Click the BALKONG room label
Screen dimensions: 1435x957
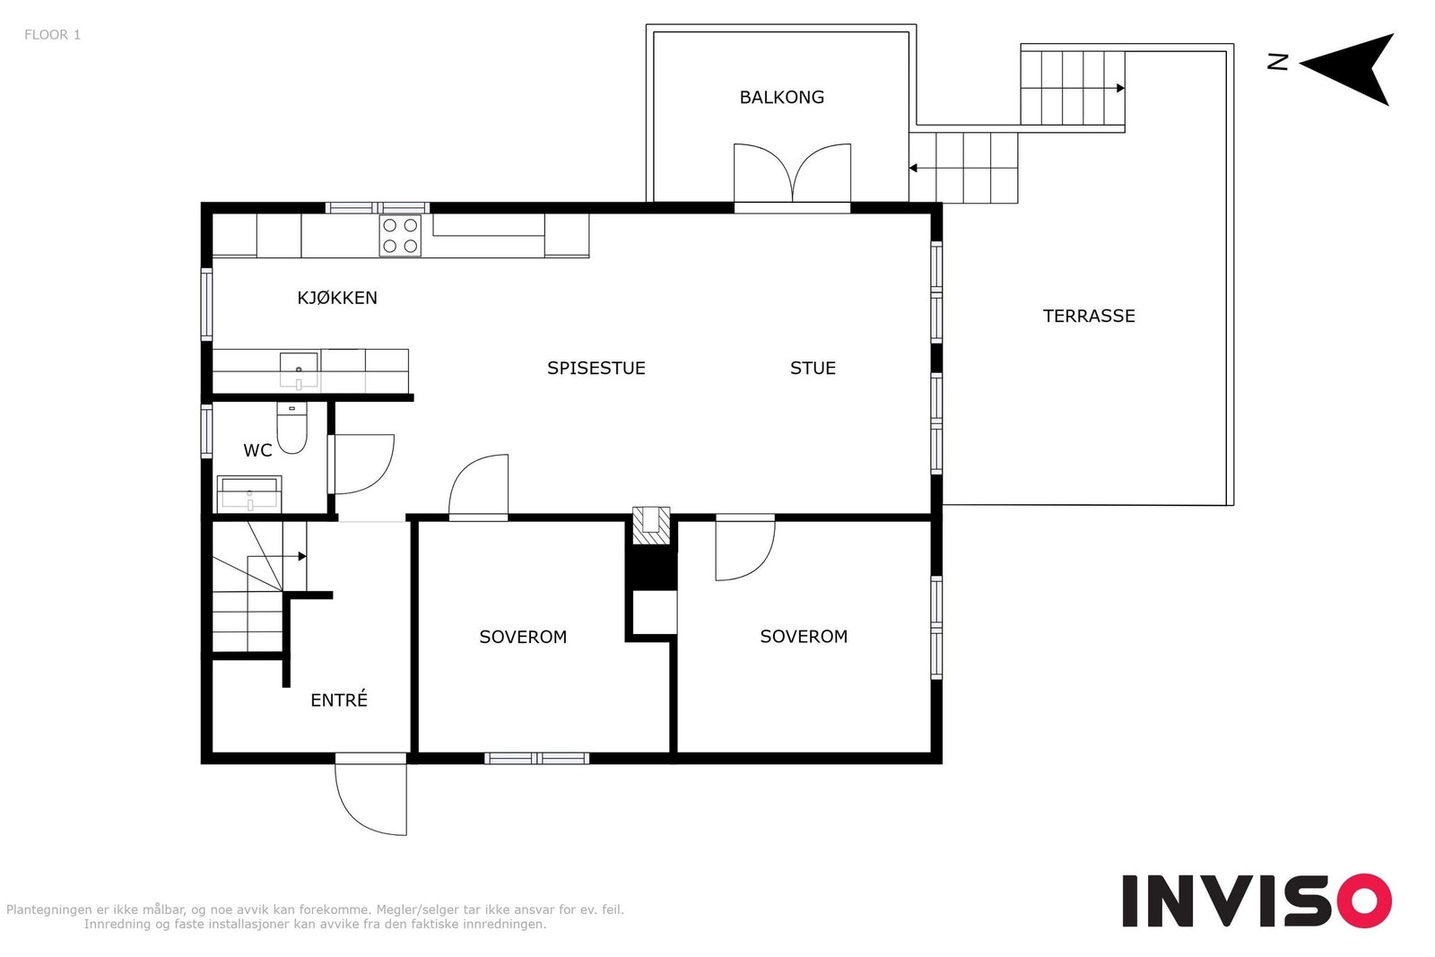(781, 98)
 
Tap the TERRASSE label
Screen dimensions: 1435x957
(1089, 316)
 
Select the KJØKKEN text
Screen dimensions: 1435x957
(337, 297)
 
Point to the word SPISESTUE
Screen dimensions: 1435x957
(596, 368)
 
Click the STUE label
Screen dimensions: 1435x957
(813, 368)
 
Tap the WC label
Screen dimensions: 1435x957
(257, 450)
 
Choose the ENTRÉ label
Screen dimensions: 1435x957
(339, 700)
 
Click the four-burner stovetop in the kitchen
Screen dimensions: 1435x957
(400, 236)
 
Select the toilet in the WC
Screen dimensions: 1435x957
(291, 428)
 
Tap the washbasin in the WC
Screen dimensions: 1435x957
(249, 494)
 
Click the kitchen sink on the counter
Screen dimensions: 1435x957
(300, 371)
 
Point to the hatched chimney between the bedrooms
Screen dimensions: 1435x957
(651, 526)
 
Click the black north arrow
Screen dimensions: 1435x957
(1352, 68)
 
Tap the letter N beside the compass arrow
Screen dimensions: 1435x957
(1278, 62)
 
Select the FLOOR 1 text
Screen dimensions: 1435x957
(53, 35)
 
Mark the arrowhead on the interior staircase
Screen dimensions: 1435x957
(302, 557)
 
